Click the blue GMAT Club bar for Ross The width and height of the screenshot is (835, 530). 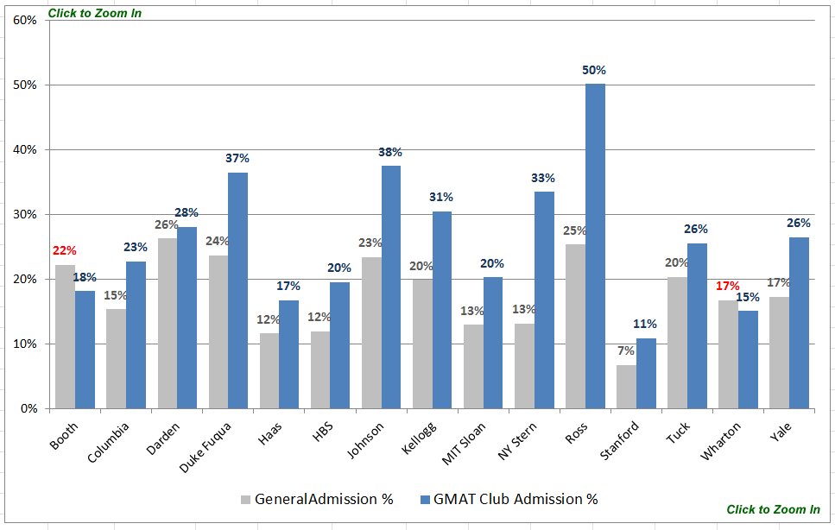(595, 246)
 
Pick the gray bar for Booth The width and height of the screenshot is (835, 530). (65, 337)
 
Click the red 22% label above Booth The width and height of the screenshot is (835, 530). (65, 251)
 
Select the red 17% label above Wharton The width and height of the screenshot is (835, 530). (728, 286)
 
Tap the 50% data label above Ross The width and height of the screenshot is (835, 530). (594, 71)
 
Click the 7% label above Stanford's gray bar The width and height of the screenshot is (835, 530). (626, 351)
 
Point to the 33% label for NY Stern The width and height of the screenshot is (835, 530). (543, 178)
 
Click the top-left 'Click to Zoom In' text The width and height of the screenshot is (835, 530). (95, 13)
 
